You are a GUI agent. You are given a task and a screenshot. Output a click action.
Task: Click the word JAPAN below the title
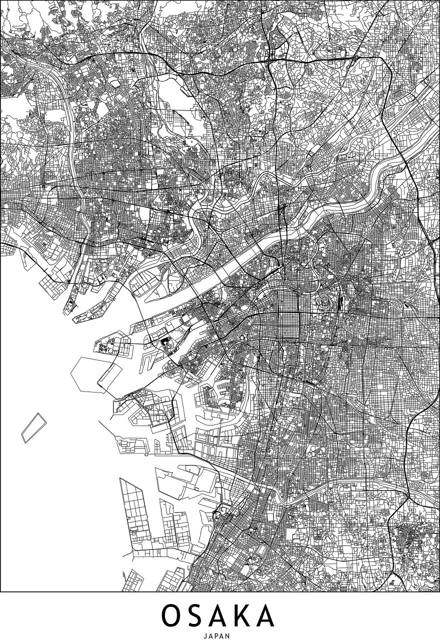click(x=219, y=636)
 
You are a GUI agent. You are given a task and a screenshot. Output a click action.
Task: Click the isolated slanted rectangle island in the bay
click(x=31, y=427)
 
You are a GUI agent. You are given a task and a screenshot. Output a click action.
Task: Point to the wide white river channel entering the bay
click(x=235, y=265)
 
